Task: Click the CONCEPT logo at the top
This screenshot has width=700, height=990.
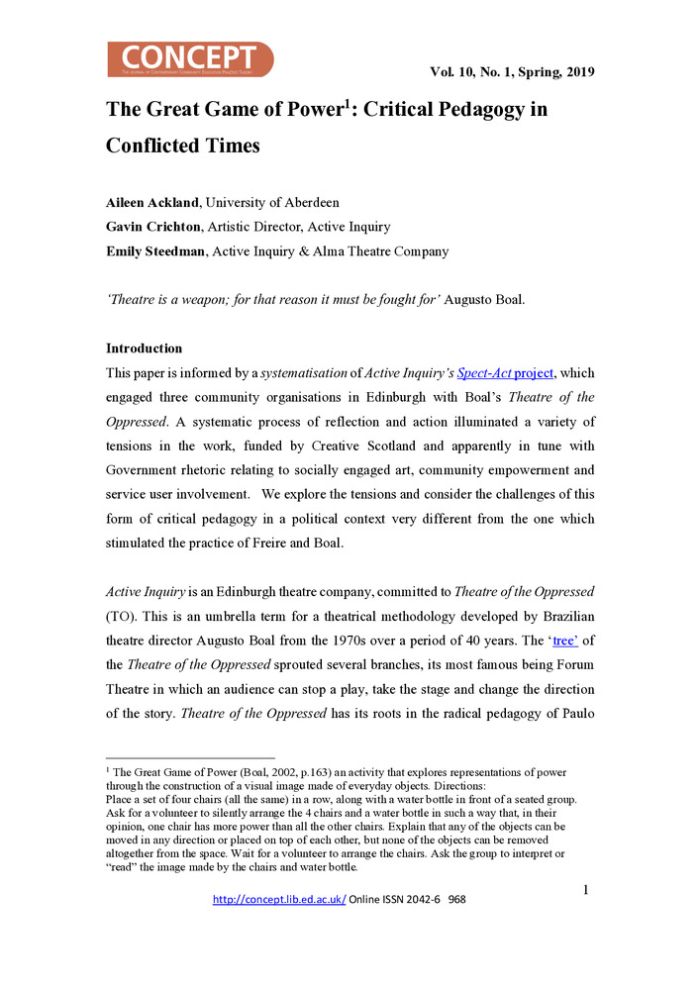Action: pos(190,59)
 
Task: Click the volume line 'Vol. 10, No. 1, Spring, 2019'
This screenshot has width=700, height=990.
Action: pos(512,71)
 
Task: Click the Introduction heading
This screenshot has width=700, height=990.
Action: pos(144,348)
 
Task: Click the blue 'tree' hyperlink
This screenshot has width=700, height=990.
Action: pos(564,640)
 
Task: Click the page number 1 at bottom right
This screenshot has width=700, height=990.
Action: pos(586,890)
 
